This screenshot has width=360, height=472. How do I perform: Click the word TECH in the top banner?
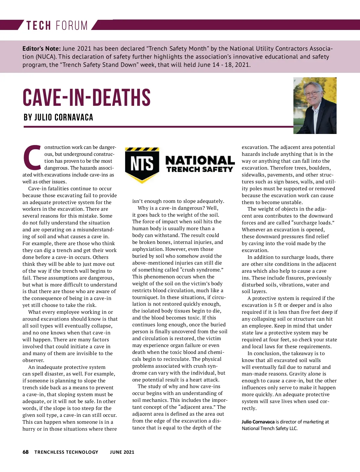[38, 25]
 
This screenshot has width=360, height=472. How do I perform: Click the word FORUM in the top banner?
[72, 25]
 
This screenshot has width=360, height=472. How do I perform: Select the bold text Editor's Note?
[41, 49]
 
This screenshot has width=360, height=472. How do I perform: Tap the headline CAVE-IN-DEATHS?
[86, 98]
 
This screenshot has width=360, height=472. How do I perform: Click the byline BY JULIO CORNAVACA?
[58, 117]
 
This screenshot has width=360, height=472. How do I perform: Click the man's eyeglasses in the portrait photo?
[312, 93]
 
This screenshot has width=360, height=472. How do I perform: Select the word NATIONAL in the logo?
[200, 160]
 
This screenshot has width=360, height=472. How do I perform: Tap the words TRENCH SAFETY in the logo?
[200, 170]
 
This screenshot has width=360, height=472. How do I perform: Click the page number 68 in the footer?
[25, 452]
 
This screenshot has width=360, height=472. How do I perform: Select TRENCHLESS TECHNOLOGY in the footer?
[66, 452]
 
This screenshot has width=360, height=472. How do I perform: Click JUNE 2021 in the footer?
[122, 452]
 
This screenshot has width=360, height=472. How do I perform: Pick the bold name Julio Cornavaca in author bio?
[258, 422]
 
